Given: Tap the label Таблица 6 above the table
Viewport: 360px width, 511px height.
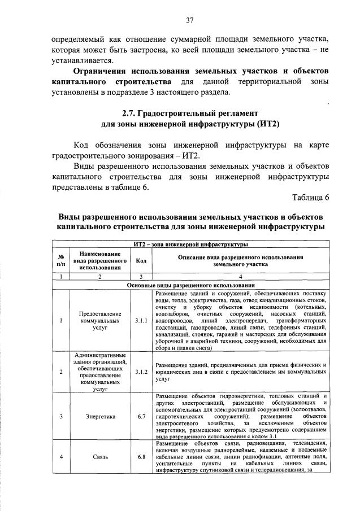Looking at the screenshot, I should point(310,196).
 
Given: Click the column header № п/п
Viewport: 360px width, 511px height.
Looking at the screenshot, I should point(60,260).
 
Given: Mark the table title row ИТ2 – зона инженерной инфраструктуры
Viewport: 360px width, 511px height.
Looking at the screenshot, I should point(190,244).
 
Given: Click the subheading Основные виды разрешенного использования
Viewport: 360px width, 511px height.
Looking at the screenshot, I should point(190,286).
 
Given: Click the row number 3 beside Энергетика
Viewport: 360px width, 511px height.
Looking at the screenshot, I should point(60,417).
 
